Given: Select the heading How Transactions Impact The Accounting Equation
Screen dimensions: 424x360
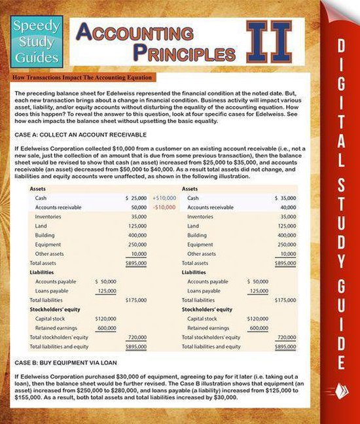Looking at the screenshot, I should point(82,78).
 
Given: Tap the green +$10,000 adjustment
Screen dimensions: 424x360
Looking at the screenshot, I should point(164,198).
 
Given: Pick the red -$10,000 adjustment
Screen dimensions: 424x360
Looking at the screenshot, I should point(164,207).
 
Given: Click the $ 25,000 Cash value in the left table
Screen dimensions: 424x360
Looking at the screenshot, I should point(135,198).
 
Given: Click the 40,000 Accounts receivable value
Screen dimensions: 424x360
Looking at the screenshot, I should point(287,207).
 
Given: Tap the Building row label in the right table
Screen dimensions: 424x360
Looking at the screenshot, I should point(197,235).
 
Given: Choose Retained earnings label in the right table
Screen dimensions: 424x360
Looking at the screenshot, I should point(209,328).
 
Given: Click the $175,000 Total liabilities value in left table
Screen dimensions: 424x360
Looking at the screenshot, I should point(135,300).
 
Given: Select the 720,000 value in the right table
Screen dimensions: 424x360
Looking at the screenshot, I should point(287,337).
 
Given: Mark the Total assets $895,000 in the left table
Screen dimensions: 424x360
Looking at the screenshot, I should point(135,263).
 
